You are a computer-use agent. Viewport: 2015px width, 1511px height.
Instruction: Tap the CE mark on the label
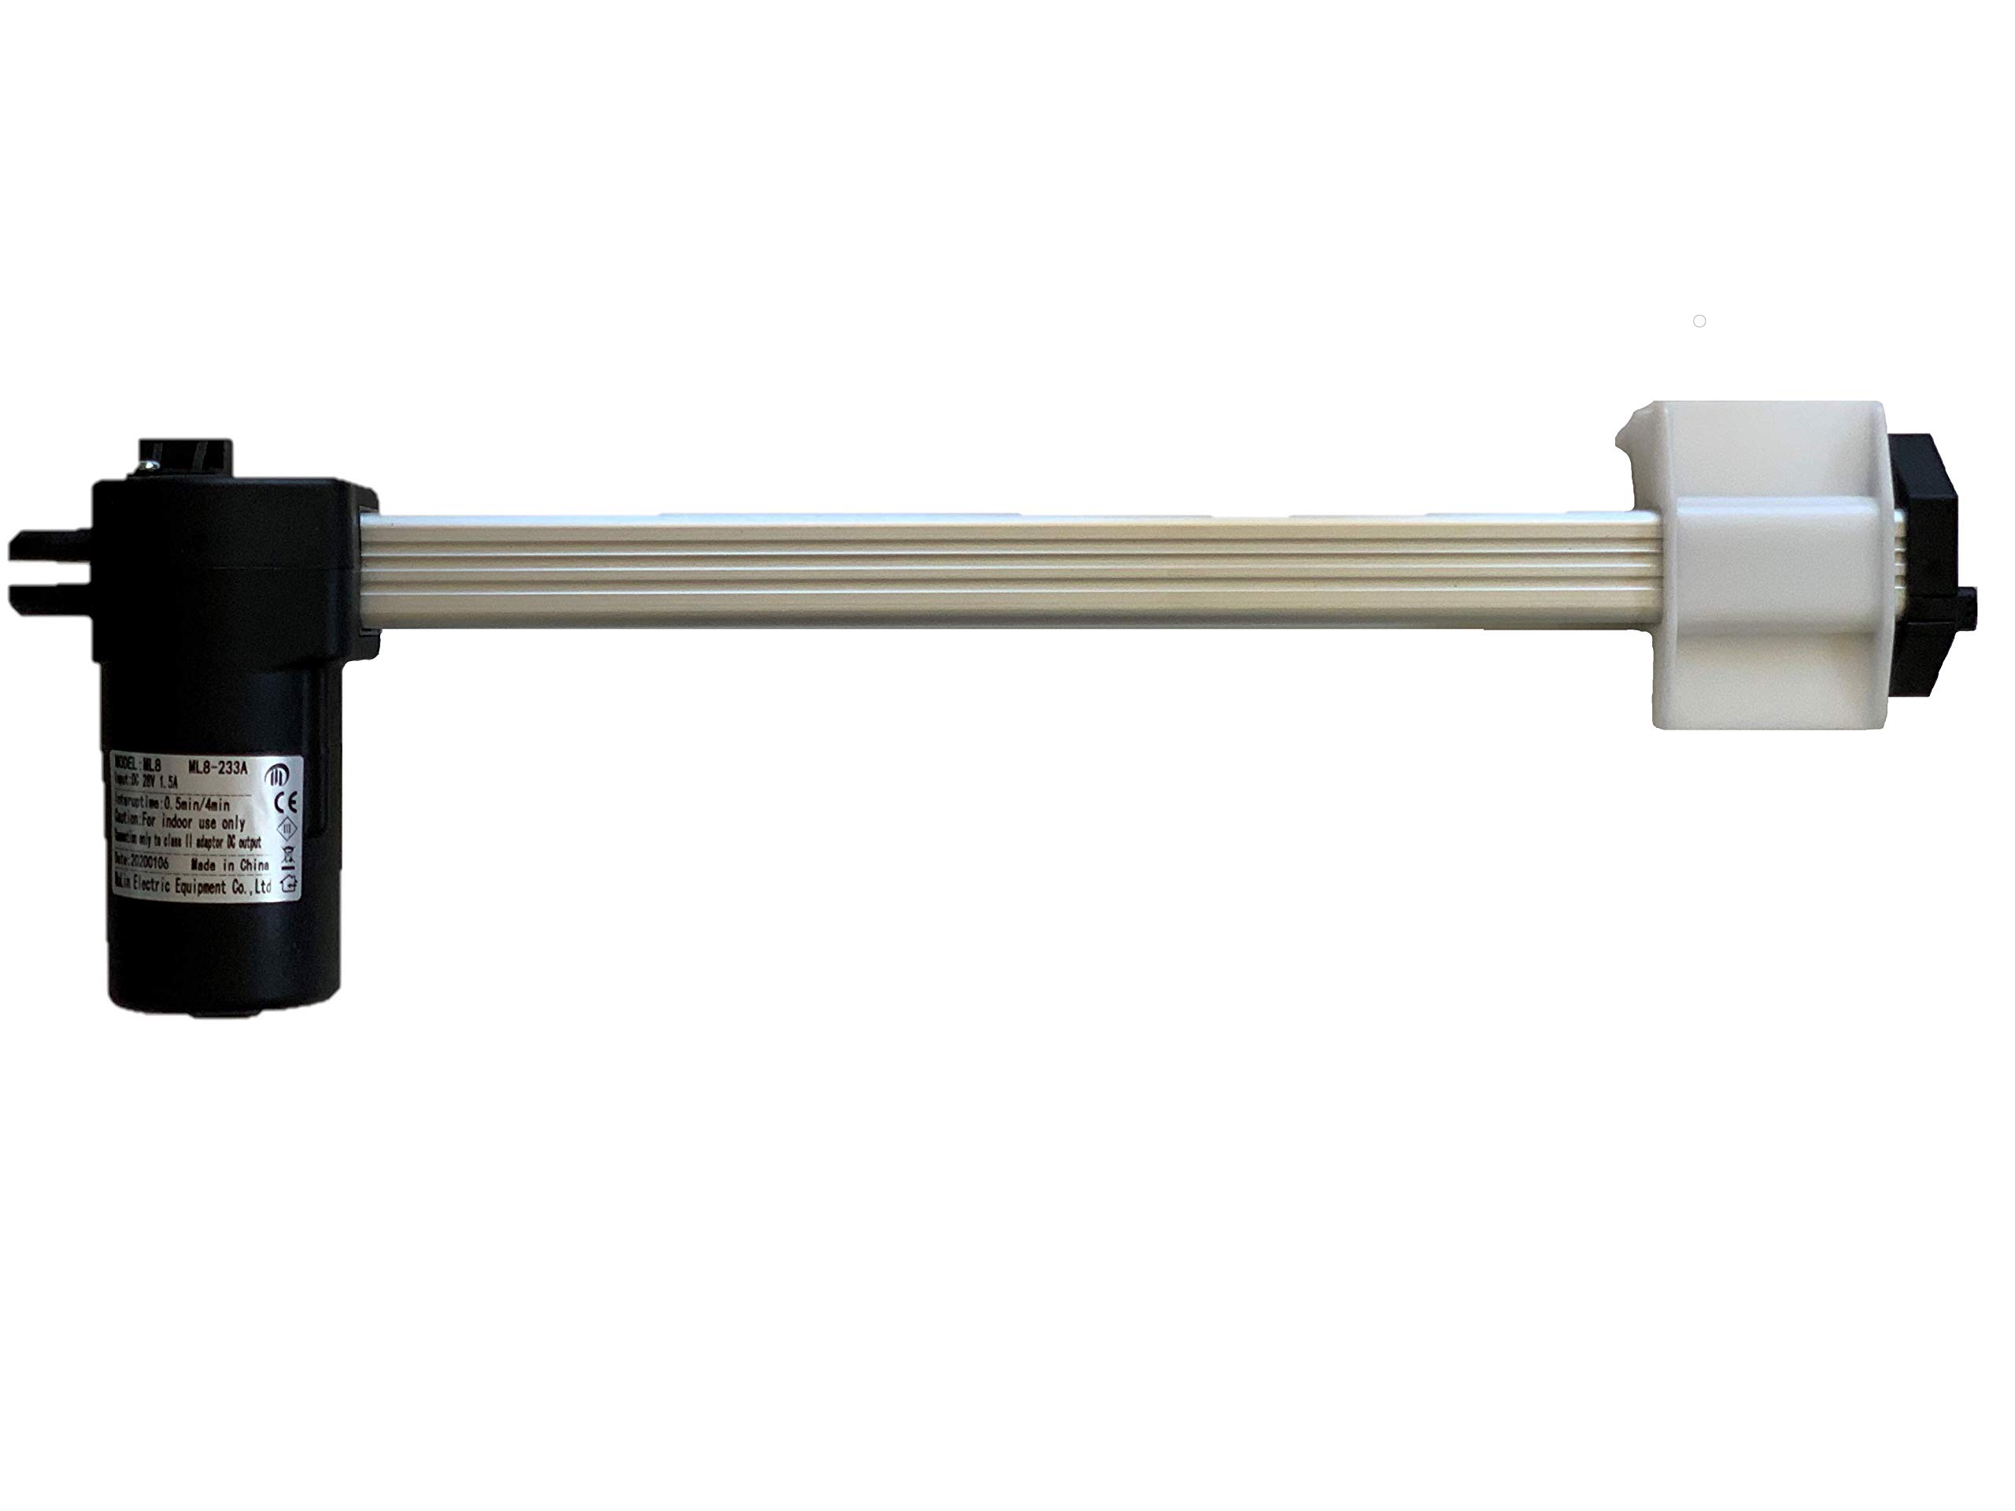click(x=283, y=803)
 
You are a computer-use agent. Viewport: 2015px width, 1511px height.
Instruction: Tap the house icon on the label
click(x=290, y=882)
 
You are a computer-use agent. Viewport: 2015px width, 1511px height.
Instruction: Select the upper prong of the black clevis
click(x=50, y=546)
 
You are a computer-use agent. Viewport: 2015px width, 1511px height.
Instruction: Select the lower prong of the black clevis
click(x=50, y=597)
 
